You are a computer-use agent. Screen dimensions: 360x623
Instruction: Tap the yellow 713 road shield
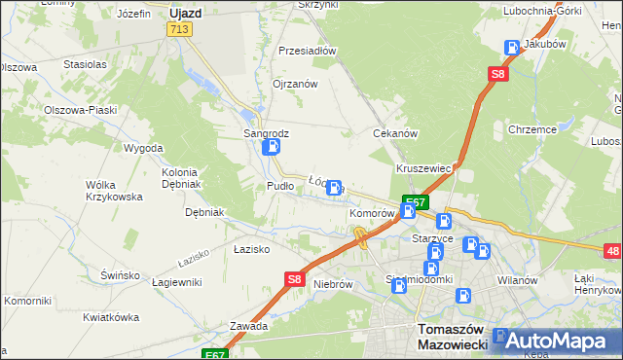coord(178,31)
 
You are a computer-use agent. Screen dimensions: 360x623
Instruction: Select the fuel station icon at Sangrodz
coord(272,148)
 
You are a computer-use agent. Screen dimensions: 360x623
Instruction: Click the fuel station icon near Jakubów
coord(512,48)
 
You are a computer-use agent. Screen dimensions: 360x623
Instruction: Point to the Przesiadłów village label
coord(307,51)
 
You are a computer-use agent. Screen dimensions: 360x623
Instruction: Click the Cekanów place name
coord(395,133)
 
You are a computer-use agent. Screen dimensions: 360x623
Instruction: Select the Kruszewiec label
coord(423,168)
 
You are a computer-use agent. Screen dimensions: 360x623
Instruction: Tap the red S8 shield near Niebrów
coord(296,279)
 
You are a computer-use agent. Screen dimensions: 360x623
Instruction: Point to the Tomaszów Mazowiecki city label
coord(451,336)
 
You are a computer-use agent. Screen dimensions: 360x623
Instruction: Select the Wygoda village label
coord(143,148)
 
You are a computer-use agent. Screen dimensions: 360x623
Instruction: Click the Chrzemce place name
coord(531,129)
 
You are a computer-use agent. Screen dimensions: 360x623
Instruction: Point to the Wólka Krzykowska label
coord(115,191)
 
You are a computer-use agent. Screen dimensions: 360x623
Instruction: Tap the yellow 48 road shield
coord(612,251)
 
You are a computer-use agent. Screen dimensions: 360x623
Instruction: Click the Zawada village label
coord(248,326)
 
